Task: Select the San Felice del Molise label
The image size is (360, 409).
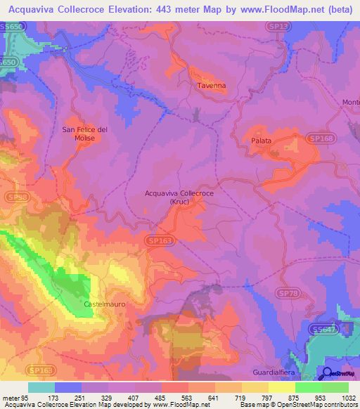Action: coord(84,134)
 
